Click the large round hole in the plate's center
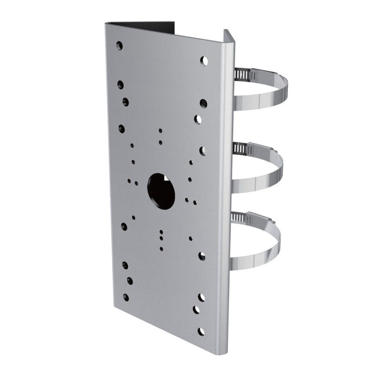click(x=161, y=191)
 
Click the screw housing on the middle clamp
click(x=240, y=148)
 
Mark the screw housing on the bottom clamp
click(x=240, y=218)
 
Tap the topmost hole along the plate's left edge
click(x=119, y=46)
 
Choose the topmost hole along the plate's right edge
click(x=204, y=61)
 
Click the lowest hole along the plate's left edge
click(x=126, y=297)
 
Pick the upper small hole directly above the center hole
click(x=160, y=132)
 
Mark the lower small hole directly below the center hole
click(x=161, y=241)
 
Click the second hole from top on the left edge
click(x=120, y=84)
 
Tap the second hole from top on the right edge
click(x=203, y=103)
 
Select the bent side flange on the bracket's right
click(x=228, y=190)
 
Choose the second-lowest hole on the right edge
click(x=197, y=311)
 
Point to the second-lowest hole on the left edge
click(x=129, y=280)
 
